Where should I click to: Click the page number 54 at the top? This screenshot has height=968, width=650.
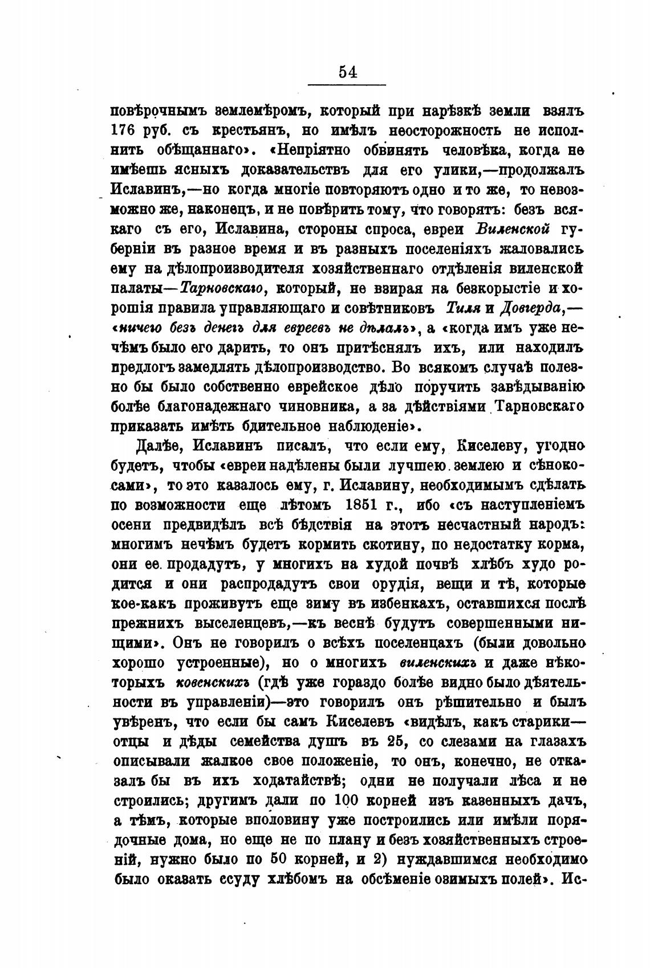click(x=347, y=71)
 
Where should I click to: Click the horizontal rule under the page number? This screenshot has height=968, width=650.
click(x=347, y=85)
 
